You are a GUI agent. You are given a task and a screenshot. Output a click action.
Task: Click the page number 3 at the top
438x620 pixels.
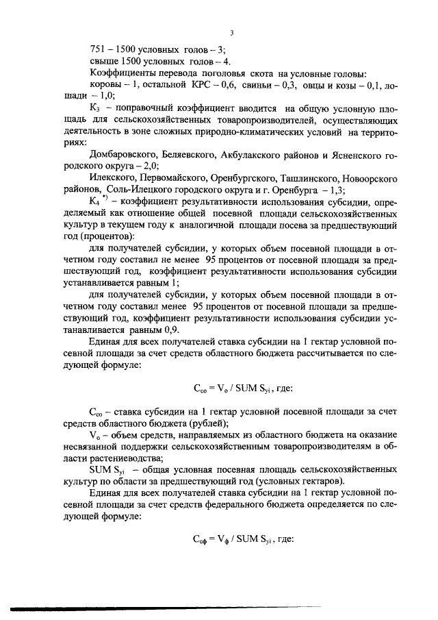(x=231, y=32)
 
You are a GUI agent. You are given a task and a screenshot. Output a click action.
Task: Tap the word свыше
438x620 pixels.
(x=105, y=62)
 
